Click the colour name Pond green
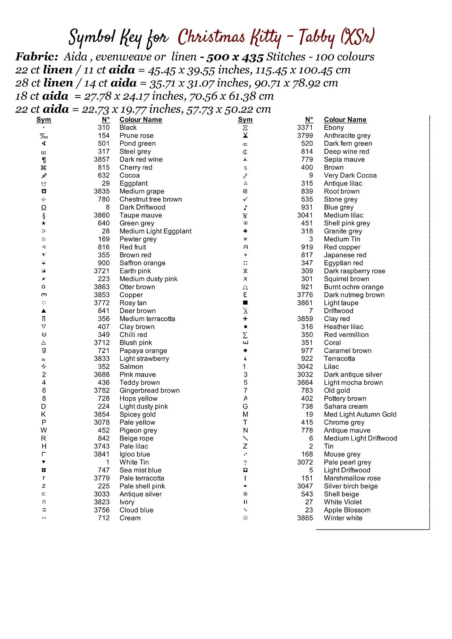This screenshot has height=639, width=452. (137, 144)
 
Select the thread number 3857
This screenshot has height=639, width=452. (102, 159)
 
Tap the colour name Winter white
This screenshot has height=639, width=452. (343, 518)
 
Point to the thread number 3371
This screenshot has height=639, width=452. (305, 127)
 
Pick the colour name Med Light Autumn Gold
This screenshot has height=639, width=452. (360, 414)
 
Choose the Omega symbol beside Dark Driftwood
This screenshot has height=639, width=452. (43, 207)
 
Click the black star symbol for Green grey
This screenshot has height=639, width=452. (43, 223)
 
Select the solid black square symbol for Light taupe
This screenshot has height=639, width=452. (245, 303)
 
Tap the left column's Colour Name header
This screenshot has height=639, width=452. (141, 120)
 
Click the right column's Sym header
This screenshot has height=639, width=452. (245, 120)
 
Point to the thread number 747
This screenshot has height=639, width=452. (104, 470)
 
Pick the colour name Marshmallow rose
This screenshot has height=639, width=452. (352, 478)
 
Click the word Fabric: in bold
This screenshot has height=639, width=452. (37, 57)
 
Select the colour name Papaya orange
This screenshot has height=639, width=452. (143, 351)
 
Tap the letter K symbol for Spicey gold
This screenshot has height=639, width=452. (43, 414)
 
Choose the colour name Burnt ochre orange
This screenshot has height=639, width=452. (353, 287)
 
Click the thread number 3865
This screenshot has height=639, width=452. (305, 518)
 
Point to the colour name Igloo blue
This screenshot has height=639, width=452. (135, 455)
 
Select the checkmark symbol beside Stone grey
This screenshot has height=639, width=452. (245, 199)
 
